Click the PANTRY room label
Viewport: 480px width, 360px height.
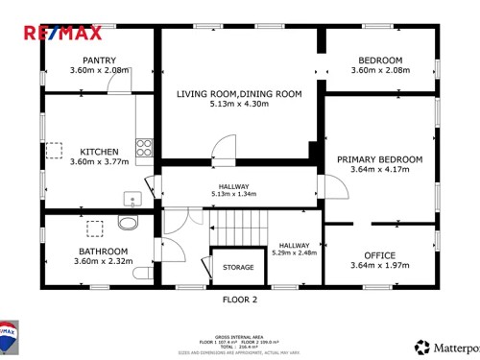point(100,60)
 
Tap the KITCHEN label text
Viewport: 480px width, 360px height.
point(99,152)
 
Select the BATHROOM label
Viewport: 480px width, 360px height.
point(103,252)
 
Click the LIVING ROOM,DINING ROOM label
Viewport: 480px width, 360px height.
point(239,93)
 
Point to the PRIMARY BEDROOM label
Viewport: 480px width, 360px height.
point(379,158)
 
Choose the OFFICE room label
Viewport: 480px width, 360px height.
point(379,254)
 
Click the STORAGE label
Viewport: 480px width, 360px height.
point(238,268)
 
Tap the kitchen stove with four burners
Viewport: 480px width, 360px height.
point(144,147)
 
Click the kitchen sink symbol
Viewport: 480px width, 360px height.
point(132,199)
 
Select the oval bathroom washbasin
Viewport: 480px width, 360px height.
point(127,223)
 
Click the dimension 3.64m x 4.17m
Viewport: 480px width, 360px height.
point(379,170)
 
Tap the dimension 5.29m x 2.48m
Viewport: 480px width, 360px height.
point(294,254)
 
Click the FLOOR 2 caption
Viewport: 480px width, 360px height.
point(240,300)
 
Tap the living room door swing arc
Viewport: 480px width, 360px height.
point(223,147)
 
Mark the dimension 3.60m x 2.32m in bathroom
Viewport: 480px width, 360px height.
point(103,262)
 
